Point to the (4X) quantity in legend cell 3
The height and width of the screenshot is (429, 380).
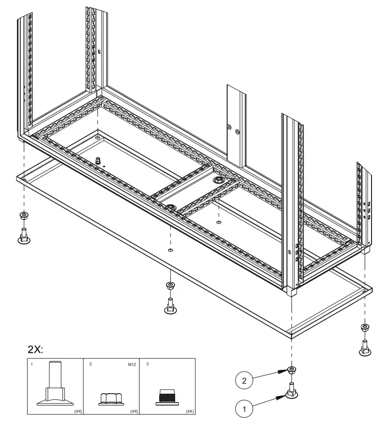[x=190, y=411]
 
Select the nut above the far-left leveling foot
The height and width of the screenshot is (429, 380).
[x=23, y=216]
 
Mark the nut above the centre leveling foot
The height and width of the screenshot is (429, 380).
[x=170, y=285]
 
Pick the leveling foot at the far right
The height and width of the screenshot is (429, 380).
[x=364, y=347]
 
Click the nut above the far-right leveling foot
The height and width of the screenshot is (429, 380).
[x=364, y=328]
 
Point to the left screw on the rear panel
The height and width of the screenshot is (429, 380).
[x=228, y=128]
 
